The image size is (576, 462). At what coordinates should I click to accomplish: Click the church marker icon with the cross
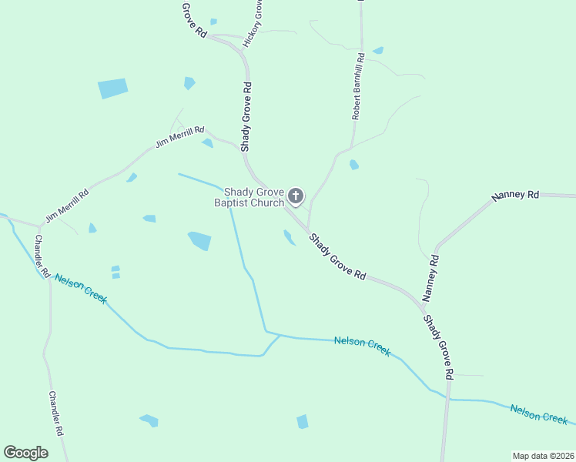(296, 196)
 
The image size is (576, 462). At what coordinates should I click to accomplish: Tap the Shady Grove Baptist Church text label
(253, 198)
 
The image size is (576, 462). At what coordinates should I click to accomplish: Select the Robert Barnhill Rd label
(357, 87)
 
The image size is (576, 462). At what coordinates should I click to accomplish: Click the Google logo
(25, 453)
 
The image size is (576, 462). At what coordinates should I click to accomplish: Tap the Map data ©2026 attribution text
(543, 456)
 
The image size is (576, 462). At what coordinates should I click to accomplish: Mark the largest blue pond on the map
(112, 89)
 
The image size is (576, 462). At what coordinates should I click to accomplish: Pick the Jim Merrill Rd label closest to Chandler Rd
(66, 206)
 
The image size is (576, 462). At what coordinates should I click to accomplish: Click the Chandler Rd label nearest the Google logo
(56, 413)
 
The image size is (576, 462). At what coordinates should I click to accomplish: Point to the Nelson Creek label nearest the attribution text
(539, 413)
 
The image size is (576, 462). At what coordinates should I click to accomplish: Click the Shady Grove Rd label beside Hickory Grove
(246, 116)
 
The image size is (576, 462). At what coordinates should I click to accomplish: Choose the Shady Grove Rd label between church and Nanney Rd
(337, 256)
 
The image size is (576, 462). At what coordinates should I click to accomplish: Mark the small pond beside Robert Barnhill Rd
(353, 165)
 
